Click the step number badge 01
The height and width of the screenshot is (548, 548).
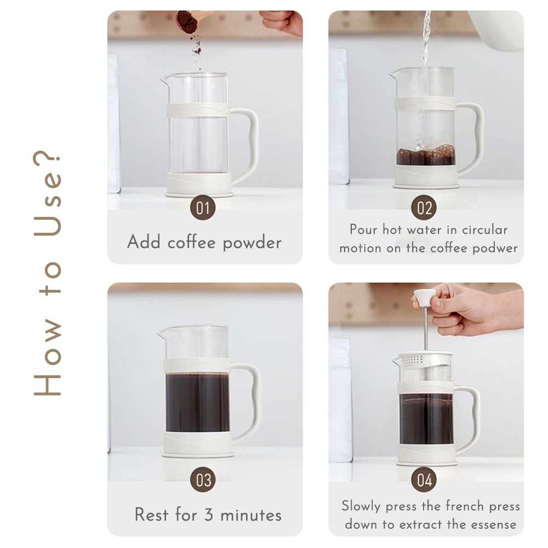(203, 208)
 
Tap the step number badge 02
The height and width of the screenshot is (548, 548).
(424, 208)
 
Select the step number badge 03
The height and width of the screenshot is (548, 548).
(203, 480)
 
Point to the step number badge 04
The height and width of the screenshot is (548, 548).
(424, 480)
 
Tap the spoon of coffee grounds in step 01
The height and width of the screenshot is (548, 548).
(188, 21)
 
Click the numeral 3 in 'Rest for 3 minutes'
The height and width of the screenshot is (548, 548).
(209, 515)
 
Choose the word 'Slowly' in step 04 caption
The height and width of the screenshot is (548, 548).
(361, 506)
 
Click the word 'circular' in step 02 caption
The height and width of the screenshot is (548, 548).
(485, 230)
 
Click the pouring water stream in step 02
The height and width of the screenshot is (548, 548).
(426, 38)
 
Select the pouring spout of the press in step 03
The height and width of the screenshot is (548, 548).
(161, 333)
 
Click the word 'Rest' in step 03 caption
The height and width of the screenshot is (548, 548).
(151, 515)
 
